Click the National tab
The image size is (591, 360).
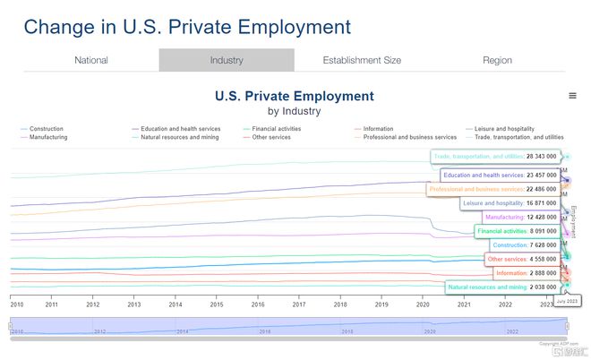point(91,60)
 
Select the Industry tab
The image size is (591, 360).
point(227,60)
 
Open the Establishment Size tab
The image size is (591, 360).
point(362,60)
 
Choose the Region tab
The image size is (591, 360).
point(497,60)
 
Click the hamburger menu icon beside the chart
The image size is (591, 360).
point(572,96)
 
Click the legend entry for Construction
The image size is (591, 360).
point(46,129)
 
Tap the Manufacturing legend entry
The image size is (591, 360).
point(48,137)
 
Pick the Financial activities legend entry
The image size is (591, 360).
point(276,129)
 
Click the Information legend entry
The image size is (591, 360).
point(378,129)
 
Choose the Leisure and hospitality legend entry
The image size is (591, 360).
point(502,129)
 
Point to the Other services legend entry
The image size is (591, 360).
point(271,137)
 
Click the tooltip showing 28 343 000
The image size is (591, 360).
point(495,157)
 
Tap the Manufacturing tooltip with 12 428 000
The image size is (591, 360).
point(521,218)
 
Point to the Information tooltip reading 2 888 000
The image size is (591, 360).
point(526,273)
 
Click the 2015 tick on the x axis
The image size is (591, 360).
point(217,304)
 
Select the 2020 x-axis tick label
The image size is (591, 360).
point(423,304)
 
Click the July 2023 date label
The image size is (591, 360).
point(567,302)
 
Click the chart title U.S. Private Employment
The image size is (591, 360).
point(294,96)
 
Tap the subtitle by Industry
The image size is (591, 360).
point(294,111)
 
